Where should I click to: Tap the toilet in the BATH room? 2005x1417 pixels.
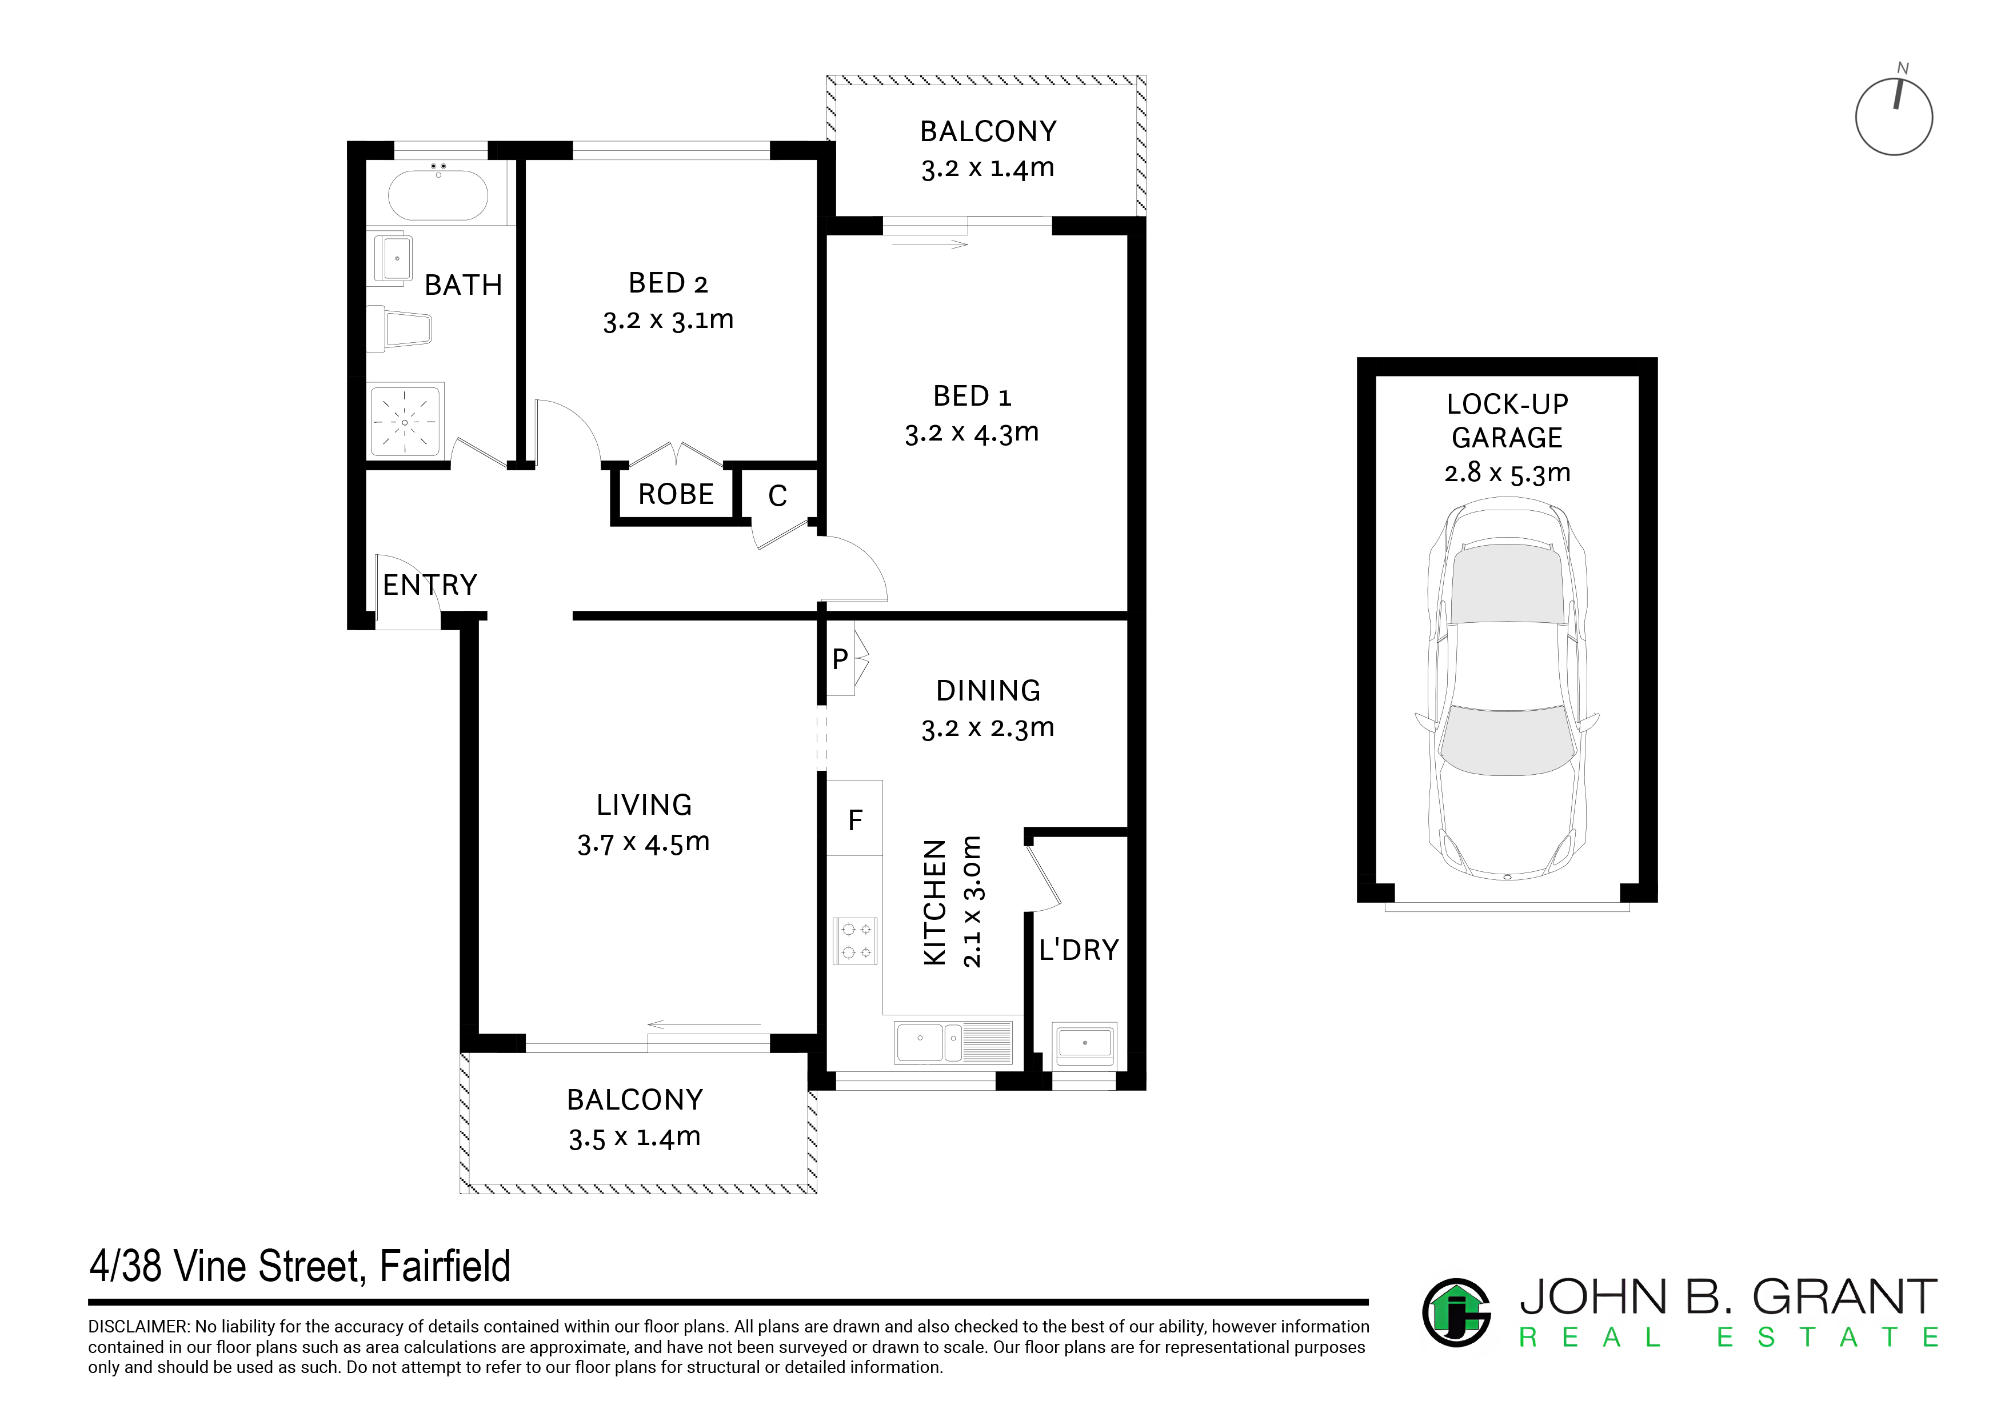pyautogui.click(x=399, y=326)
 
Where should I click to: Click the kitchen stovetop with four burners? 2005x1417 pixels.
pyautogui.click(x=855, y=940)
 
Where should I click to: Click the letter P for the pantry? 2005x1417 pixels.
pyautogui.click(x=840, y=659)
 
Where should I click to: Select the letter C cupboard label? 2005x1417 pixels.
pyautogui.click(x=777, y=496)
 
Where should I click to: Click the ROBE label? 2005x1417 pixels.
pyautogui.click(x=676, y=494)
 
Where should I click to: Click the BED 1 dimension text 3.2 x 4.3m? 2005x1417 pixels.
pyautogui.click(x=972, y=433)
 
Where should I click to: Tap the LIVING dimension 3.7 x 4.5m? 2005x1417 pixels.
pyautogui.click(x=644, y=843)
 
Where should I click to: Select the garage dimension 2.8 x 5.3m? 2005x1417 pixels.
pyautogui.click(x=1507, y=473)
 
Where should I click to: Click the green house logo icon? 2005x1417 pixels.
pyautogui.click(x=1456, y=1312)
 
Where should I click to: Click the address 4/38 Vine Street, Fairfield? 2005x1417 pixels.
pyautogui.click(x=299, y=1266)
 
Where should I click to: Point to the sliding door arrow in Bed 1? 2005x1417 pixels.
pyautogui.click(x=931, y=245)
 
